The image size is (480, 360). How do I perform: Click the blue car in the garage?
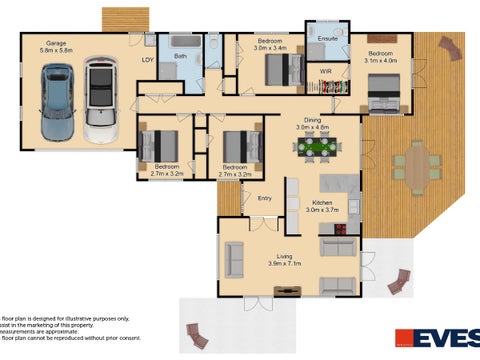click(x=57, y=103)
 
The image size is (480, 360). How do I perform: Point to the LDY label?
click(x=146, y=59)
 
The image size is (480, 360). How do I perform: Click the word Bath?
click(x=180, y=56)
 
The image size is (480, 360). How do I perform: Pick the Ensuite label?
click(x=327, y=38)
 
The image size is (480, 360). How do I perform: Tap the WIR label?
click(x=325, y=73)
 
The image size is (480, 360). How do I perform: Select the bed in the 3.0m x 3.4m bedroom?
click(x=285, y=69)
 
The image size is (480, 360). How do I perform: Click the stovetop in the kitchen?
click(x=341, y=227)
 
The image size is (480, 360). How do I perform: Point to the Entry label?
click(x=264, y=198)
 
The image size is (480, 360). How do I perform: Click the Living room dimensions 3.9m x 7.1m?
click(x=286, y=263)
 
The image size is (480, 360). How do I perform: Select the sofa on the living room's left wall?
click(x=233, y=259)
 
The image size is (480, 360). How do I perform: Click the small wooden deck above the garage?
click(x=125, y=19)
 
